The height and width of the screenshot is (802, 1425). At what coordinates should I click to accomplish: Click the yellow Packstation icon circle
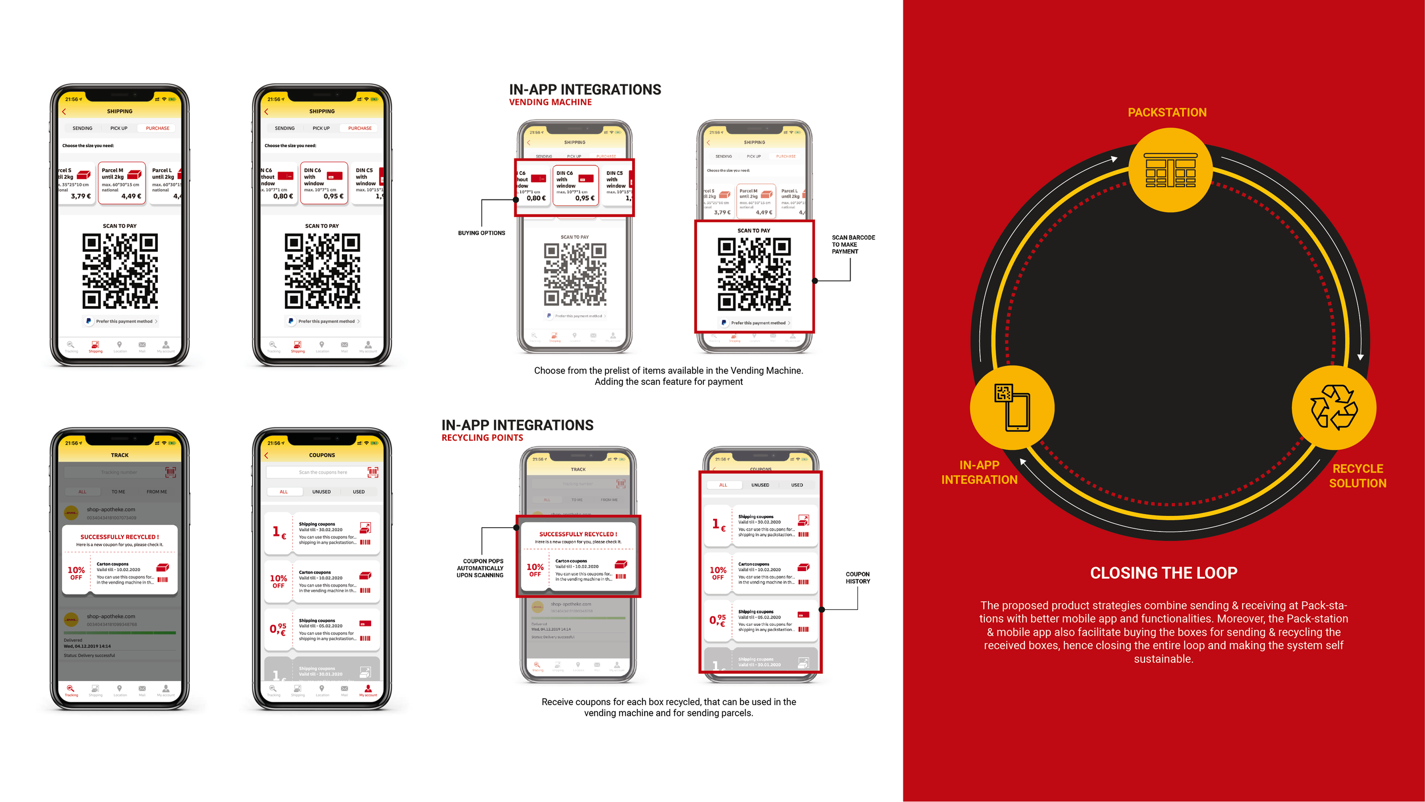click(x=1170, y=170)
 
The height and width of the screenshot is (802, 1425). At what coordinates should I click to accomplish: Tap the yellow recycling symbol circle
click(x=1334, y=407)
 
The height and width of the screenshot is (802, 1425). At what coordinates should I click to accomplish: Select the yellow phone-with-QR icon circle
click(x=1012, y=407)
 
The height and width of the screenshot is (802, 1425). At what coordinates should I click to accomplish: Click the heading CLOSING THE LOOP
click(x=1163, y=573)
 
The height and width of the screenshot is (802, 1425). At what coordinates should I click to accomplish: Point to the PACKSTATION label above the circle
click(x=1167, y=112)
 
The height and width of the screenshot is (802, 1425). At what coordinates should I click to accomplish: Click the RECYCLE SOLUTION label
click(x=1357, y=476)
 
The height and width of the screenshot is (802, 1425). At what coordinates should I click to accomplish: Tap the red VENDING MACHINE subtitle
click(x=550, y=103)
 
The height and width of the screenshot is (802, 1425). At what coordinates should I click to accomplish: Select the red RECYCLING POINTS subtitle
click(x=482, y=438)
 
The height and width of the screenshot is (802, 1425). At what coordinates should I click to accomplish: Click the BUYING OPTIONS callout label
click(x=482, y=233)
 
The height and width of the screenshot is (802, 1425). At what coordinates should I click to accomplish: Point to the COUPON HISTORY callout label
click(x=857, y=578)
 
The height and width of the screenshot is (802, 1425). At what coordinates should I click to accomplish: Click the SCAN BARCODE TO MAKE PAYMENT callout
click(x=853, y=245)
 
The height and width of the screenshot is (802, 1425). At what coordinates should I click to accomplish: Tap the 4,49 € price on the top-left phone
click(x=131, y=196)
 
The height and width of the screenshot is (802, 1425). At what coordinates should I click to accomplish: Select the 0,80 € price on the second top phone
click(x=283, y=196)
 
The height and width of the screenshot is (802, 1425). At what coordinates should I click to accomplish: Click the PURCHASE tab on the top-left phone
click(x=157, y=128)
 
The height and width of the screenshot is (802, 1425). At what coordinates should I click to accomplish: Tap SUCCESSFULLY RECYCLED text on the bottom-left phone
click(x=120, y=537)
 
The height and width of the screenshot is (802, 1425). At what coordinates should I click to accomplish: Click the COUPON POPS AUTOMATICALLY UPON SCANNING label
click(x=480, y=568)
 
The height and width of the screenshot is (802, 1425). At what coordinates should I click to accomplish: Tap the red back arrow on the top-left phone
click(x=64, y=112)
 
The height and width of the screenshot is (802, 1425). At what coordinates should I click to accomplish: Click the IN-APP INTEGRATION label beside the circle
click(x=979, y=473)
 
